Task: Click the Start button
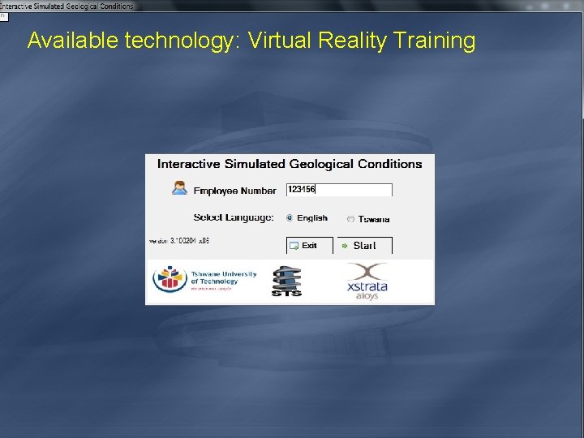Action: tap(364, 245)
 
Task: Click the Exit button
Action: tap(309, 245)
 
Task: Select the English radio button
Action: tap(290, 217)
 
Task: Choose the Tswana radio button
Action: tap(350, 219)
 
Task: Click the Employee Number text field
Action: tap(339, 190)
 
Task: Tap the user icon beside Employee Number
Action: tap(179, 188)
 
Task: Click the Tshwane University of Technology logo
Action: tap(205, 280)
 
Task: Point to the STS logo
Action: tap(286, 281)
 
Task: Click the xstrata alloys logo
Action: tap(367, 281)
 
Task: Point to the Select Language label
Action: tap(234, 217)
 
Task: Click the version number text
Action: tap(179, 241)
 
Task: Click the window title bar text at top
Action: tap(67, 5)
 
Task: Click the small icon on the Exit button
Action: tap(294, 245)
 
